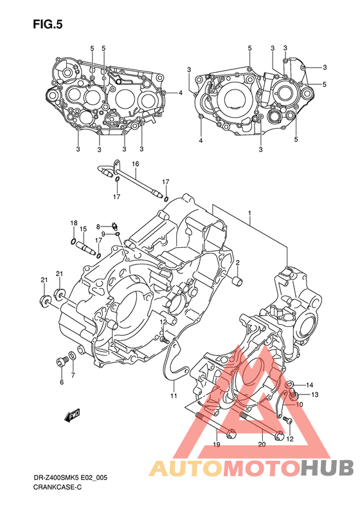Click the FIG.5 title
tap(48, 24)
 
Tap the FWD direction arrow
tap(73, 416)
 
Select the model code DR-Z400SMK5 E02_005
tap(70, 478)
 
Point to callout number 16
tap(135, 164)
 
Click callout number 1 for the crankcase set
tap(249, 213)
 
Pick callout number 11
tap(174, 396)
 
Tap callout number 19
tap(217, 445)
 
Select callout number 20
tap(262, 445)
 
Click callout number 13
tap(314, 394)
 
